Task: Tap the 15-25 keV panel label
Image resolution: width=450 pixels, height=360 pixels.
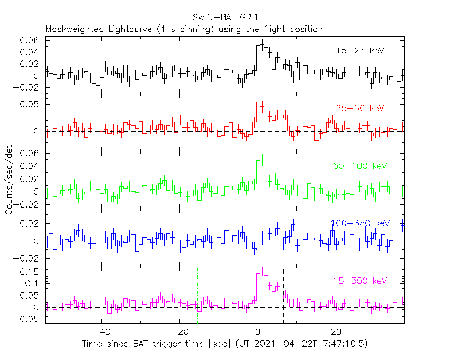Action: [359, 51]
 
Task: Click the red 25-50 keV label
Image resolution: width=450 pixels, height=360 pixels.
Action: [359, 109]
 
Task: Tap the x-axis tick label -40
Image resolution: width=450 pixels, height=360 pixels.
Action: [101, 332]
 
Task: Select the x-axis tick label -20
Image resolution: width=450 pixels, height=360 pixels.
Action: [179, 332]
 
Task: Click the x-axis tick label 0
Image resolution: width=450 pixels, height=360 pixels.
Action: [257, 332]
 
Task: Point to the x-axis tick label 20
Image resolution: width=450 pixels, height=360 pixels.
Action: [335, 332]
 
